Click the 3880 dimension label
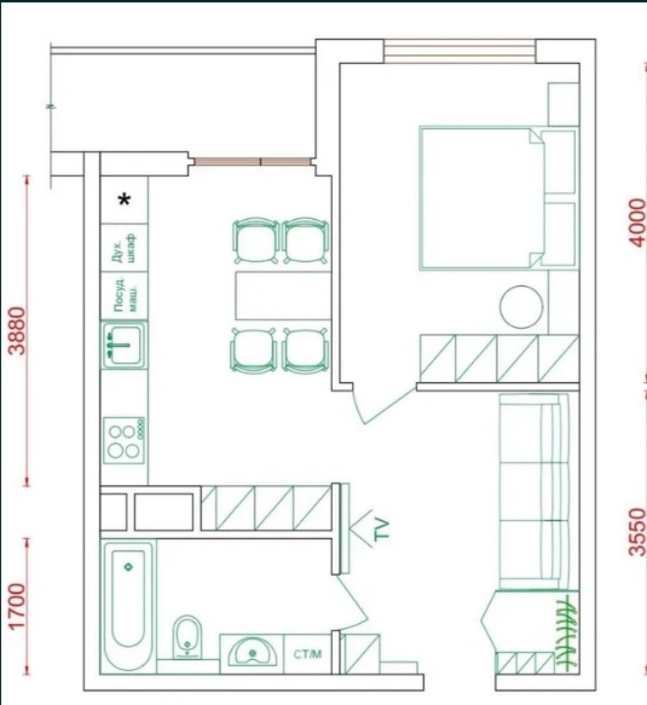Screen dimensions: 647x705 pos(17,330)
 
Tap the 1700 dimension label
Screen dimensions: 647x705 pos(17,606)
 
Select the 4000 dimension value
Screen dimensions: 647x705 pos(637,223)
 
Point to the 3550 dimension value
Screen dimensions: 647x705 pos(637,532)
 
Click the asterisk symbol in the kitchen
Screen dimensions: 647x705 pos(124,199)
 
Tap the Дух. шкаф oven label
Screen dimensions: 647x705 pos(124,248)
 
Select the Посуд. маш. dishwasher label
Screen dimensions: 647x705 pos(124,295)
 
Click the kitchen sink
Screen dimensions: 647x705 pos(124,345)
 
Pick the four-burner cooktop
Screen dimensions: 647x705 pos(124,440)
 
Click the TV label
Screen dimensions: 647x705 pos(380,529)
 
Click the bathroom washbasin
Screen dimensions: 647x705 pos(252,651)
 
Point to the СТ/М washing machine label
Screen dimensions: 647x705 pos(308,655)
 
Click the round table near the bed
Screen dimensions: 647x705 pos(521,307)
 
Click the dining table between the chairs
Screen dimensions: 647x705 pos(283,295)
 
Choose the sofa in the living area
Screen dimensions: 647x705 pos(534,491)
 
